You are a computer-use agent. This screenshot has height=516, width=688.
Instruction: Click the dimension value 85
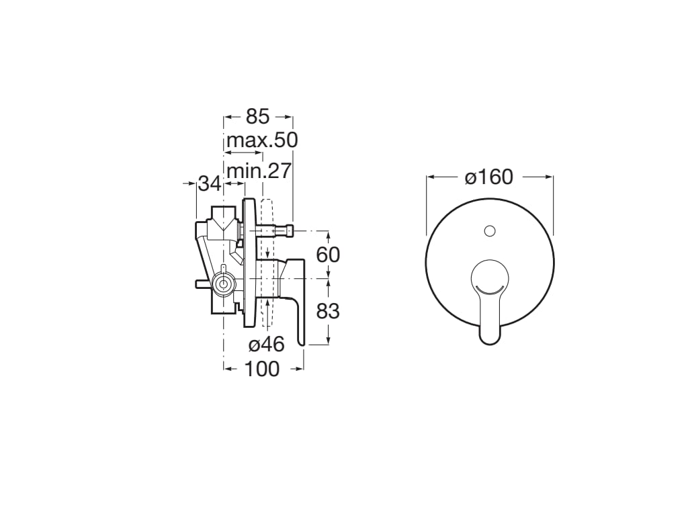[x=257, y=117]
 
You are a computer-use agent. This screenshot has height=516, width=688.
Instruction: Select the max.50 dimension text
[x=262, y=141]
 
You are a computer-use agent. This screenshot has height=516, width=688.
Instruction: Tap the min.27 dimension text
[x=259, y=171]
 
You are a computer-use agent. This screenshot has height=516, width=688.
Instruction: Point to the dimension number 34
[x=210, y=183]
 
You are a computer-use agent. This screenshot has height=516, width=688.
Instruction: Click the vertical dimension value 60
[x=328, y=255]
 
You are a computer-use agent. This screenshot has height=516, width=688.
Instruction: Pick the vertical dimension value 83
[x=328, y=311]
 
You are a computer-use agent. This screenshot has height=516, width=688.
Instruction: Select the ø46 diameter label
[x=267, y=345]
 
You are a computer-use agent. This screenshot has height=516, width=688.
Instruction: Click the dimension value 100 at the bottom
[x=261, y=369]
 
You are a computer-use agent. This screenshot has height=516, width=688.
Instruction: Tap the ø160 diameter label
[x=489, y=177]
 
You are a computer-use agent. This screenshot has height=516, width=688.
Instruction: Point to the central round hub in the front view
[x=490, y=278]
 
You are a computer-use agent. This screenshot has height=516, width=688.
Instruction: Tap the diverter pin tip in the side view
[x=290, y=230]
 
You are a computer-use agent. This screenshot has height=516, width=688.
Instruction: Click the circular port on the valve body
[x=222, y=285]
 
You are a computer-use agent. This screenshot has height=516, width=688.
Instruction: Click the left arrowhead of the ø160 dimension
[x=429, y=177]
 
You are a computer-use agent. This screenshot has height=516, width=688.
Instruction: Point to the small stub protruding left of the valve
[x=201, y=284]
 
